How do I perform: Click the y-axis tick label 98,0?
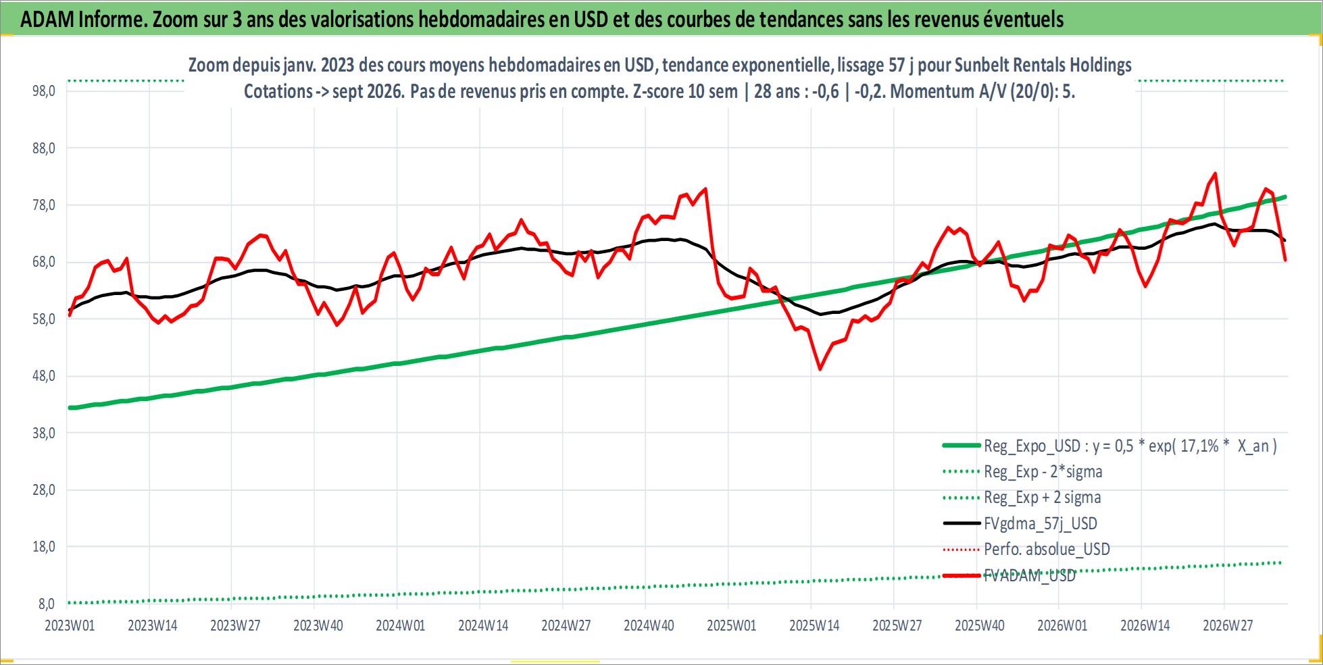pos(44,90)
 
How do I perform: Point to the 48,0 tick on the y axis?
pos(44,376)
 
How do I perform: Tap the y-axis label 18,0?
pos(44,547)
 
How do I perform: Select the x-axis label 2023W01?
pos(70,625)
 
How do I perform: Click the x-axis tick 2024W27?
pos(566,625)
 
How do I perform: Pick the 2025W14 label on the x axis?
pos(814,625)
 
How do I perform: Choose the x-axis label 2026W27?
pos(1228,625)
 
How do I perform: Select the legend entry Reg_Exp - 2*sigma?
pos(1043,471)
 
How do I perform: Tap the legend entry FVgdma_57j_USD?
pos(1041,523)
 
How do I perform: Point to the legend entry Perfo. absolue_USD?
pos(1047,549)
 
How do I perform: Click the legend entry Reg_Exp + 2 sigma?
pos(1043,498)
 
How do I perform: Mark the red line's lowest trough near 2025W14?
pos(820,369)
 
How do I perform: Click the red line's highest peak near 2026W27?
pos(1216,174)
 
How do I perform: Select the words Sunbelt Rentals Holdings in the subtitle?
pos(1043,65)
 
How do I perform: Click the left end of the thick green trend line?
pos(69,408)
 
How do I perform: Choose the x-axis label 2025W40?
pos(980,625)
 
